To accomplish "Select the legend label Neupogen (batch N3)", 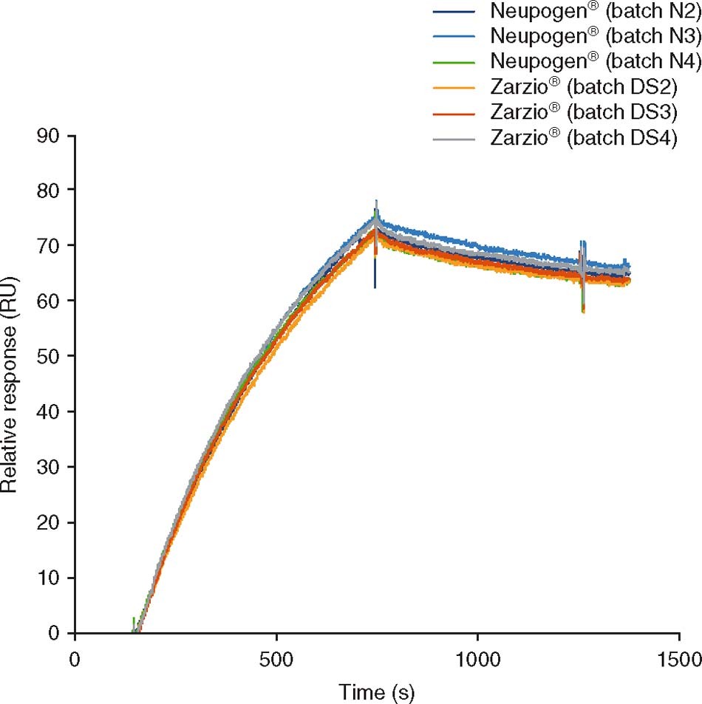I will click(584, 36).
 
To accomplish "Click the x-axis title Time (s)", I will click(377, 692).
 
